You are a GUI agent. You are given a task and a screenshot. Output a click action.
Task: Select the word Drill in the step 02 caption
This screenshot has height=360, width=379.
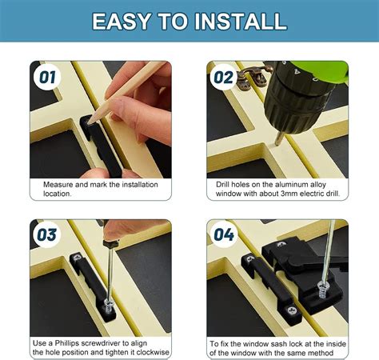tap(226, 184)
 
